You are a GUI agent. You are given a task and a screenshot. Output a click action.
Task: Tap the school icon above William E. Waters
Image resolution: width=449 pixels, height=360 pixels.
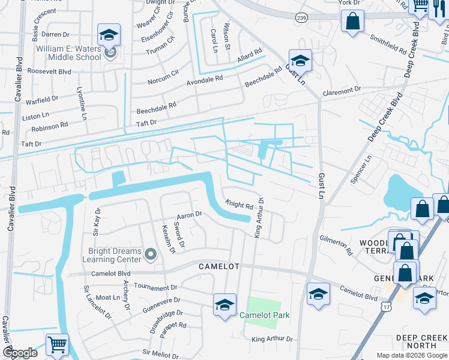[109, 35]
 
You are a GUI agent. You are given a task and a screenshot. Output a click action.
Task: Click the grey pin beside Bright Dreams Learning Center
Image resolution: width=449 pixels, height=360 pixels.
[150, 256]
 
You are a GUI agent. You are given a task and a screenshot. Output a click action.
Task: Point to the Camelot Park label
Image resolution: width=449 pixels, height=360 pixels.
[264, 315]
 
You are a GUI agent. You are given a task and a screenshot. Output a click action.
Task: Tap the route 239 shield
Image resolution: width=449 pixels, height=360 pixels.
[301, 18]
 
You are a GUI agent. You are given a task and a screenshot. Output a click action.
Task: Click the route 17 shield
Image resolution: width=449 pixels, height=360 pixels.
[384, 307]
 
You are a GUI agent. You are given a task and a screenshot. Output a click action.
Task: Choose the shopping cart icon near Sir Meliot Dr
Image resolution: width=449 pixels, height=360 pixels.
[57, 344]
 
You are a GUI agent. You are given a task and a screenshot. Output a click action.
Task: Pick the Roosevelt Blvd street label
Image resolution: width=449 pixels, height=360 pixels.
[49, 71]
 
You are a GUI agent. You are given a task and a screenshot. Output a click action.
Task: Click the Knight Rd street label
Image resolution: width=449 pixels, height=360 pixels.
[239, 205]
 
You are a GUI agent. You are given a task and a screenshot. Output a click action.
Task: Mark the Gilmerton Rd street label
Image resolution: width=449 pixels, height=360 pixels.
[336, 245]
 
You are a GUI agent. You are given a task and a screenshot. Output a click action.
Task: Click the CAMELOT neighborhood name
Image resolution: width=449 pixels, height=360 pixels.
[220, 266]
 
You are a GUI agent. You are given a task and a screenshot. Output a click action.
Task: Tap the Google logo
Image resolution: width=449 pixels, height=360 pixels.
[20, 353]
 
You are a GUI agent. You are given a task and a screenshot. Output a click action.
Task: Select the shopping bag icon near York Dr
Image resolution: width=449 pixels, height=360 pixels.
[353, 22]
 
